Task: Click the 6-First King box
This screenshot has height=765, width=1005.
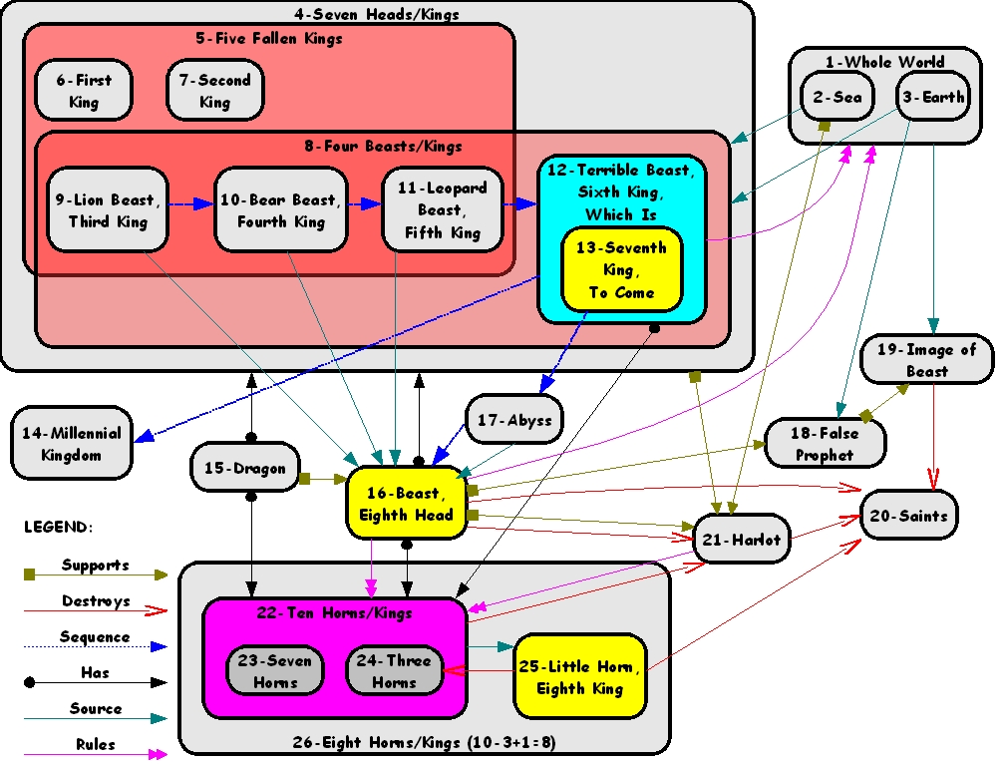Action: pos(84,91)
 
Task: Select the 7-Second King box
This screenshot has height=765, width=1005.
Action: pos(214,91)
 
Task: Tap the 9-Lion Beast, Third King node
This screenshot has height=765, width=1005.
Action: pos(108,209)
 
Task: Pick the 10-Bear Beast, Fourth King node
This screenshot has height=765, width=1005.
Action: pos(281,209)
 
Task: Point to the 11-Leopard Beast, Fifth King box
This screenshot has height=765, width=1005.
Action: pos(443,209)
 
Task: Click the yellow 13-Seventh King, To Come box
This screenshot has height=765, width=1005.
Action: pos(622,269)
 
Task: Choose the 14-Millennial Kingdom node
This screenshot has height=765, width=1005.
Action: pos(71,443)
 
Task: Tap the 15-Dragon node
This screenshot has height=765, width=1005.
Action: pos(245,468)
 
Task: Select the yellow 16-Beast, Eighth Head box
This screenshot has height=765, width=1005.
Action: pos(407,503)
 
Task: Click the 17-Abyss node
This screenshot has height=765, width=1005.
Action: pos(514,420)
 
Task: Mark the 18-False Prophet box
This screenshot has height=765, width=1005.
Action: pos(825,443)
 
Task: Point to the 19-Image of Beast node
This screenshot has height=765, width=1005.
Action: pos(927,359)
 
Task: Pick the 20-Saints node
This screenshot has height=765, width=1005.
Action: pos(909,516)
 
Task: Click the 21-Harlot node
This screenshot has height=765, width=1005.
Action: pos(742,540)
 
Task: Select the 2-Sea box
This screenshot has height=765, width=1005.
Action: pos(837,96)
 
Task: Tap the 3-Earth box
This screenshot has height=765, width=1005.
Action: pos(932,96)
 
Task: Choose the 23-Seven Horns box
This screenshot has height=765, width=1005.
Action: pos(275,670)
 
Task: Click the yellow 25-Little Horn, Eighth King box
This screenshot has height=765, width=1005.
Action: pos(580,676)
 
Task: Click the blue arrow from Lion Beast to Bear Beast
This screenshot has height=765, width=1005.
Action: pos(191,204)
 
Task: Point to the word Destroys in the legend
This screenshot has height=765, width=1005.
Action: pos(96,600)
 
